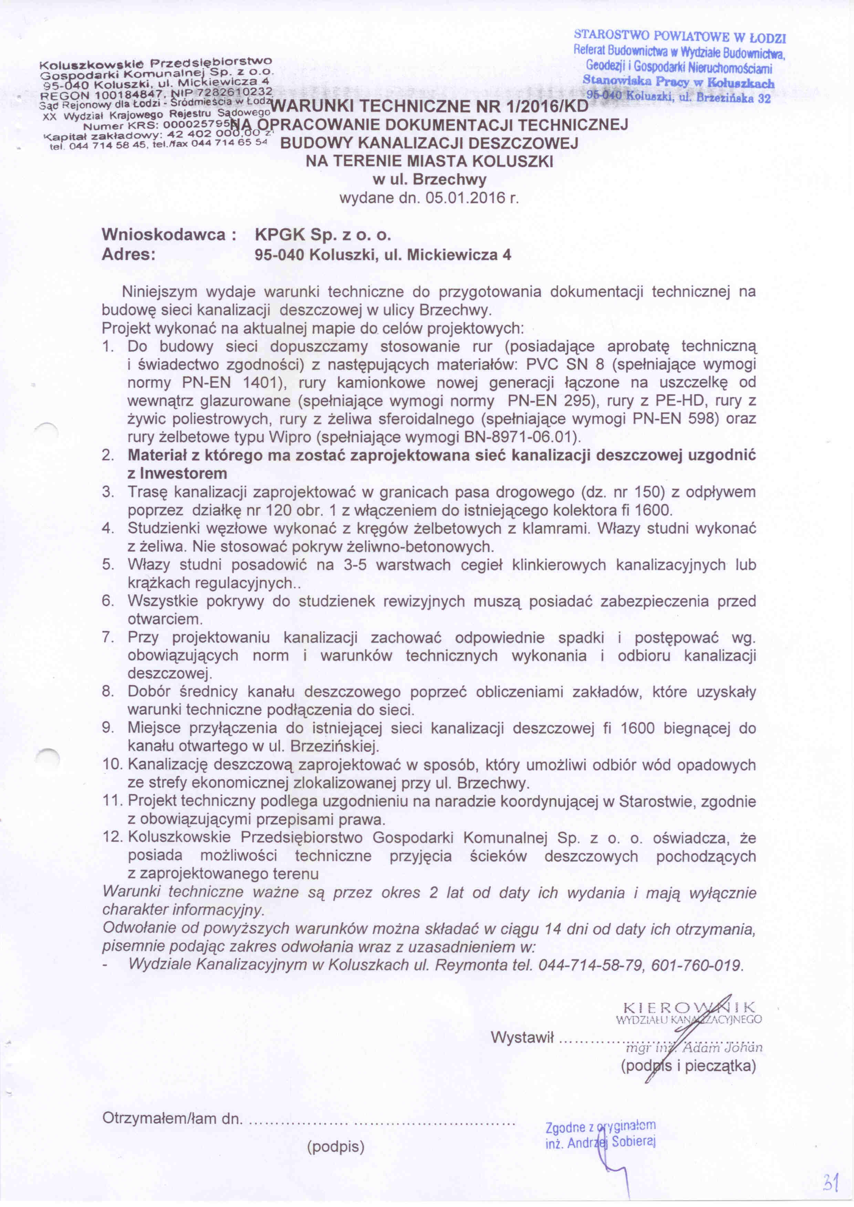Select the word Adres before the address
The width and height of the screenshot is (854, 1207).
pyautogui.click(x=128, y=255)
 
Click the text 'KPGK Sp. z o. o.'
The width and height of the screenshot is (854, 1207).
pyautogui.click(x=323, y=234)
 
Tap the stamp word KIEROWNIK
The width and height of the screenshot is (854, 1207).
pyautogui.click(x=689, y=1008)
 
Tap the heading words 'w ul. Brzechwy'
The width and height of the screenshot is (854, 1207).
pyautogui.click(x=429, y=180)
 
